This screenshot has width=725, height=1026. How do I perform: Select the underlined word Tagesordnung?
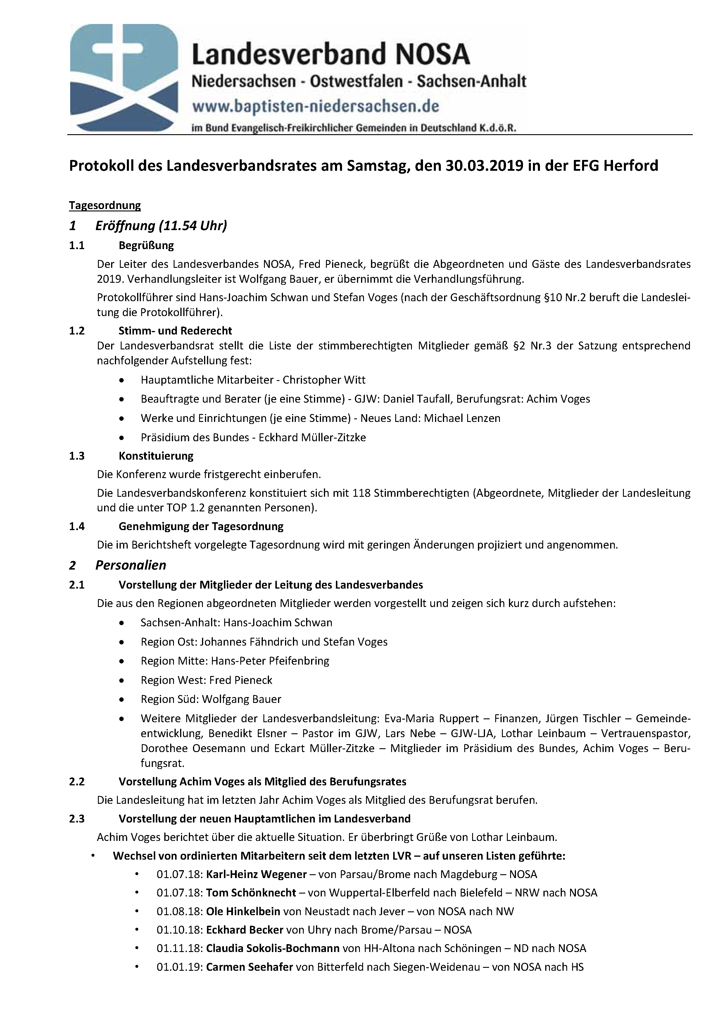point(105,206)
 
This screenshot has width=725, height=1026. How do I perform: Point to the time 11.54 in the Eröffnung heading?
point(179,226)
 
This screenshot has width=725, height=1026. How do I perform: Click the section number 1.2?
point(77,331)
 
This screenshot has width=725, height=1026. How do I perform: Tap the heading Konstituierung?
point(156,456)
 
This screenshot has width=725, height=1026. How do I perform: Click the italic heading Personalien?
point(130,565)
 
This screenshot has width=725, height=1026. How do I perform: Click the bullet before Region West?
point(122,681)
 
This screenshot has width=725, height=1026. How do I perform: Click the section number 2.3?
point(77,819)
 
